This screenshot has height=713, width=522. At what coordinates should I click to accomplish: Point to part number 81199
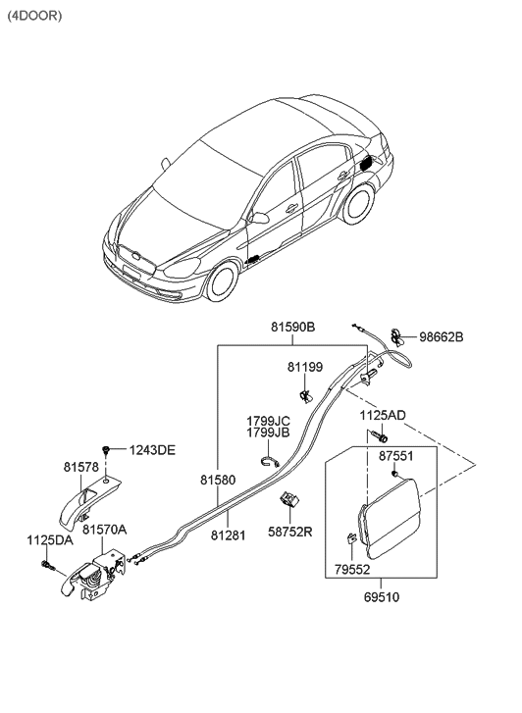[304, 368]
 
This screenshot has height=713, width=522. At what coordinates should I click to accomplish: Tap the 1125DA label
[48, 539]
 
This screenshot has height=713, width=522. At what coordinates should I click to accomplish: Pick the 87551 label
[397, 456]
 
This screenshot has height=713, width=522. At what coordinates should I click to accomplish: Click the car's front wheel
[221, 281]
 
